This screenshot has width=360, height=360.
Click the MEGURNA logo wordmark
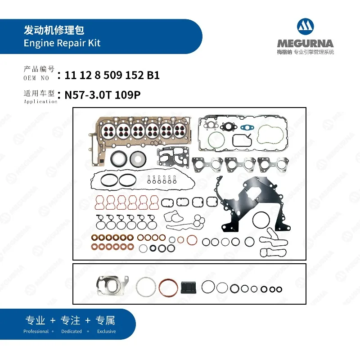305,44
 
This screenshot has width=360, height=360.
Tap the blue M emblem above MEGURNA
305,28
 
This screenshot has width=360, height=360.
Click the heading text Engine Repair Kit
62,43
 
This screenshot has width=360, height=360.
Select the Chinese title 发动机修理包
54,31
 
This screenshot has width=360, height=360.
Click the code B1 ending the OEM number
153,76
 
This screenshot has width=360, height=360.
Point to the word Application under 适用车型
40,102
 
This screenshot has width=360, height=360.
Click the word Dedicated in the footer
71,331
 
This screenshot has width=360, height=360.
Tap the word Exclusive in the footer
106,331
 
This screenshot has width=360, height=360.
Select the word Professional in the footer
36,331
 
